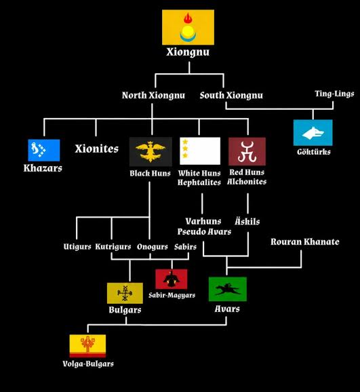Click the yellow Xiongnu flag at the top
click(188, 28)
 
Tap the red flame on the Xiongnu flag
click(188, 19)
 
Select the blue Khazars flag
click(44, 151)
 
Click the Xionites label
click(96, 149)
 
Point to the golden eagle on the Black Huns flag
click(151, 151)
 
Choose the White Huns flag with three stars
click(200, 151)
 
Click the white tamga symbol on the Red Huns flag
click(247, 151)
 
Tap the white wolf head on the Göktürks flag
click(313, 133)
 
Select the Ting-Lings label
click(334, 94)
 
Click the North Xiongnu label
click(153, 95)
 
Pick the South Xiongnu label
click(231, 95)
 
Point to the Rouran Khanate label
click(305, 241)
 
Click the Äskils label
click(247, 221)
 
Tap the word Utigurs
click(77, 247)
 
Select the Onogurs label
click(153, 247)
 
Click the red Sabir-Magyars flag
click(172, 279)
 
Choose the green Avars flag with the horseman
click(228, 289)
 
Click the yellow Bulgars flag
click(125, 293)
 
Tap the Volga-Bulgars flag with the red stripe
click(87, 347)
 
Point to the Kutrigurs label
click(113, 247)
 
